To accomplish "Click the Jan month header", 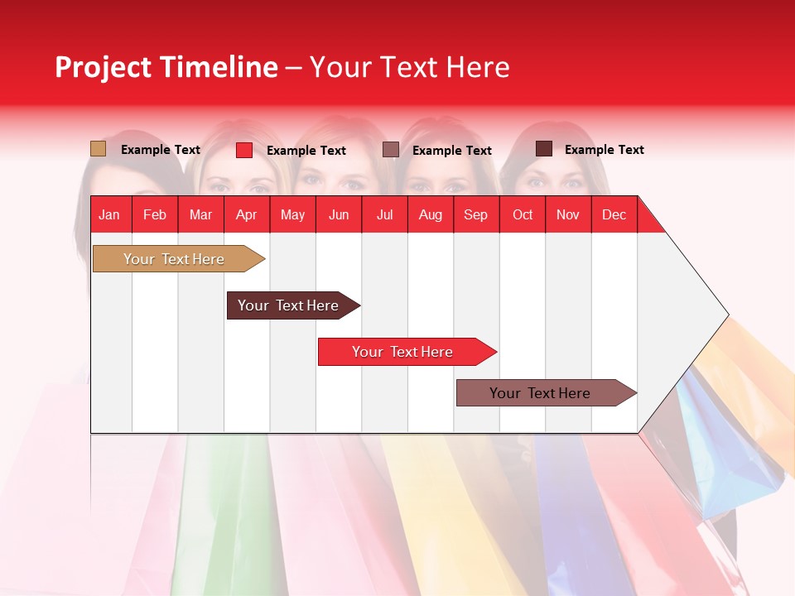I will point(109,214).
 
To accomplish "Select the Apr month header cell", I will point(246,214).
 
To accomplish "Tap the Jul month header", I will point(384,214).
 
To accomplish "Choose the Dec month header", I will point(614,214).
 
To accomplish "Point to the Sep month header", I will point(475,214).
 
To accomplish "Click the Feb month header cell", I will point(155,214).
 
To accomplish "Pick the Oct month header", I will point(522,214).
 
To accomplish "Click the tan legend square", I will point(98,149).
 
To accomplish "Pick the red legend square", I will point(244,150).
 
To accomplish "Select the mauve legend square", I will point(391,150).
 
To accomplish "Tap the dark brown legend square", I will point(544,149).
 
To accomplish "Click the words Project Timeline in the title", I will point(166,67).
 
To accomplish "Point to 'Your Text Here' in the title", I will point(410,67).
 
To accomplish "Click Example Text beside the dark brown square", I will point(604,150).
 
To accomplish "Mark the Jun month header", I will point(339,214).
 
